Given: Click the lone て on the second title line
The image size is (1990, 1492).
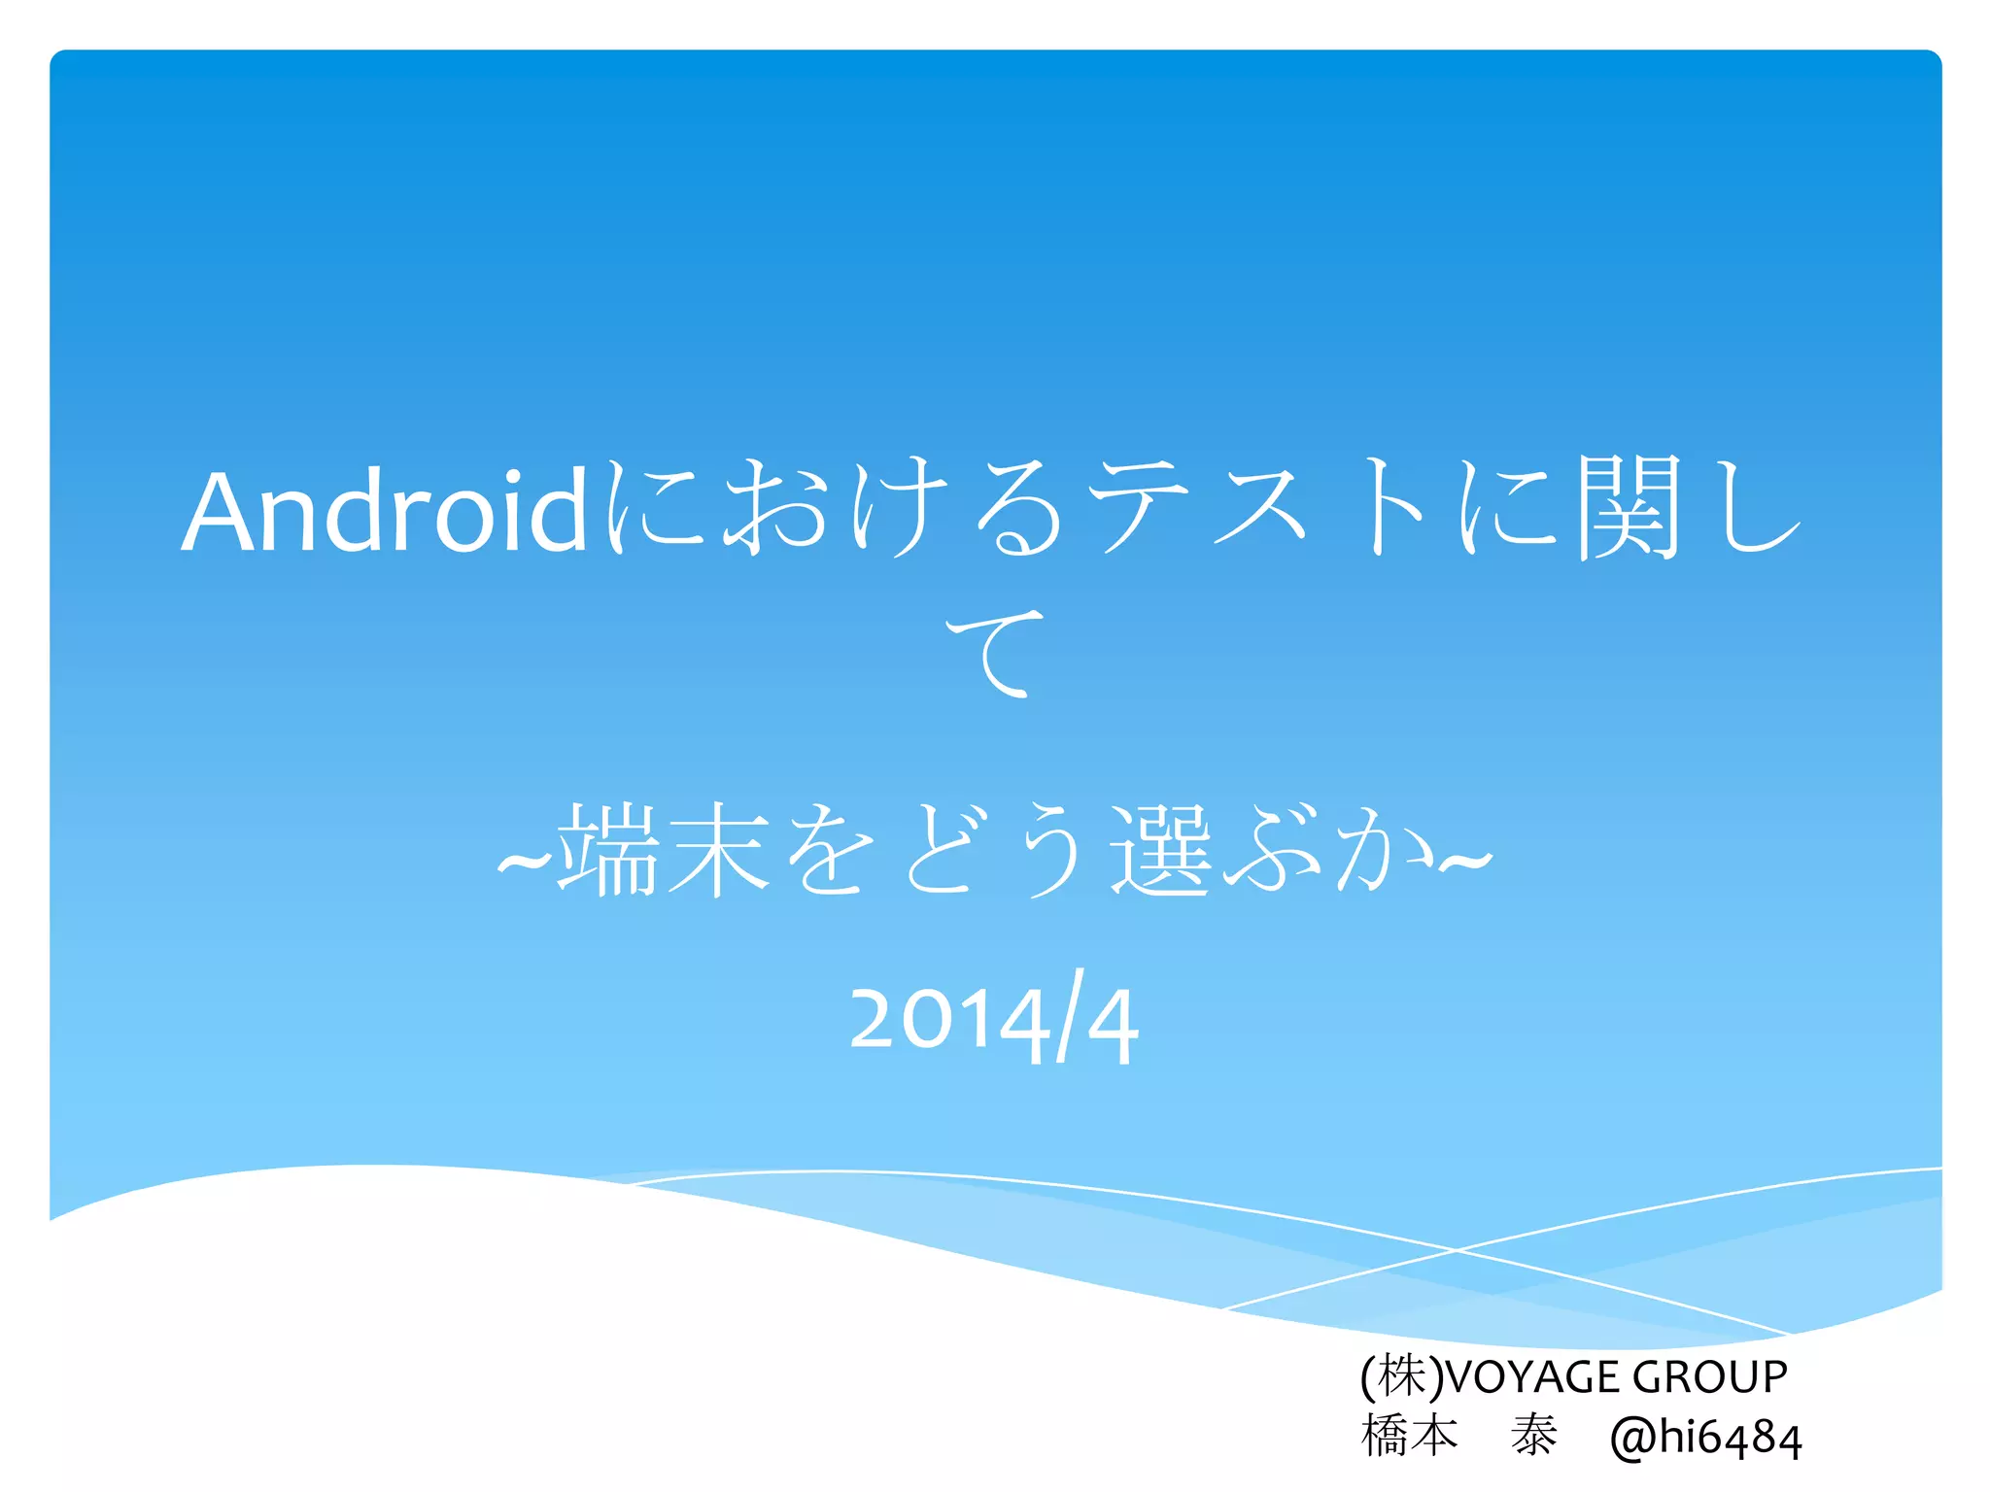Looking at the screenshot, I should click(995, 652).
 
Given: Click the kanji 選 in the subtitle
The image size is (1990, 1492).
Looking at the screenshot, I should click(1161, 851).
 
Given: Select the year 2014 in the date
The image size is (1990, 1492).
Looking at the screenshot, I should click(947, 1022).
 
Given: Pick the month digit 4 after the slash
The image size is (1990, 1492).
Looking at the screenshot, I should click(1113, 1026).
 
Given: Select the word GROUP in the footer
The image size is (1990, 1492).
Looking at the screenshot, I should click(1709, 1377).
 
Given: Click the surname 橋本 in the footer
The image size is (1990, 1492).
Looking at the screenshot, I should click(1410, 1436).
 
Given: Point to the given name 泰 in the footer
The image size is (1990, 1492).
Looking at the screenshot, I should click(1534, 1436).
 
